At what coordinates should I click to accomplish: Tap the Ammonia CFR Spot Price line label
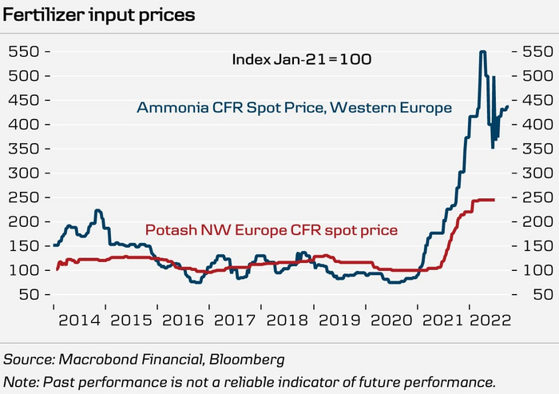coord(295,107)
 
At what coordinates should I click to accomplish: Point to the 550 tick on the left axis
coord(26,51)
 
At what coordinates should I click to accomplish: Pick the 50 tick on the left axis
coord(30,295)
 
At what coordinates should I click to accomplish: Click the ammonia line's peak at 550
coord(482,52)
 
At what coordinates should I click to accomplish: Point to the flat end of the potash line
coord(492,199)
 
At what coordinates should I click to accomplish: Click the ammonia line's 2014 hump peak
coord(97,211)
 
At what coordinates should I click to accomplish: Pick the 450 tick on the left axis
coord(26,100)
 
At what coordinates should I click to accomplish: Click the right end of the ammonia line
coord(507,96)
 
